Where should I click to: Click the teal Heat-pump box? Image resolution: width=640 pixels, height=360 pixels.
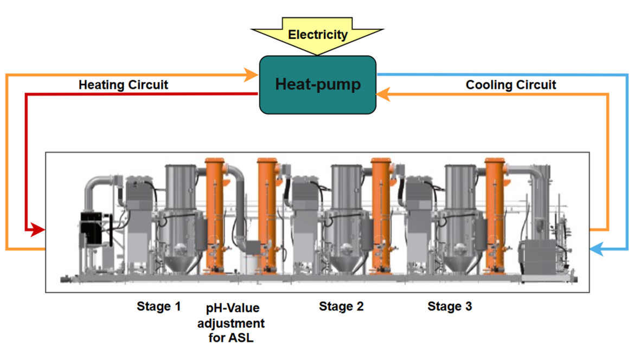(317, 85)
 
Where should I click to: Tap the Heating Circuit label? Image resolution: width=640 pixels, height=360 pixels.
(123, 85)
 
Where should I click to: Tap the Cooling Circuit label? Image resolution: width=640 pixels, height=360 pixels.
(510, 85)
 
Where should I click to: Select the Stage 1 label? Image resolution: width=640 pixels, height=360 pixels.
(158, 306)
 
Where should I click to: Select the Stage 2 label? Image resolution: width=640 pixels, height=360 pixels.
(341, 306)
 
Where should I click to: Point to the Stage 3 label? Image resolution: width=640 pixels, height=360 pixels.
(450, 306)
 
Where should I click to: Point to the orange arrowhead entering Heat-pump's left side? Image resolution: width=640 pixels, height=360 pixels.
(251, 75)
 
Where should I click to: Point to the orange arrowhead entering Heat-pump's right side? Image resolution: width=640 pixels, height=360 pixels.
(383, 94)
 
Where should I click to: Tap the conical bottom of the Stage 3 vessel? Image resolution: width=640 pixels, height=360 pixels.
(462, 263)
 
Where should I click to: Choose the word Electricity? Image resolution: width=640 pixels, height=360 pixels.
(317, 35)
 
